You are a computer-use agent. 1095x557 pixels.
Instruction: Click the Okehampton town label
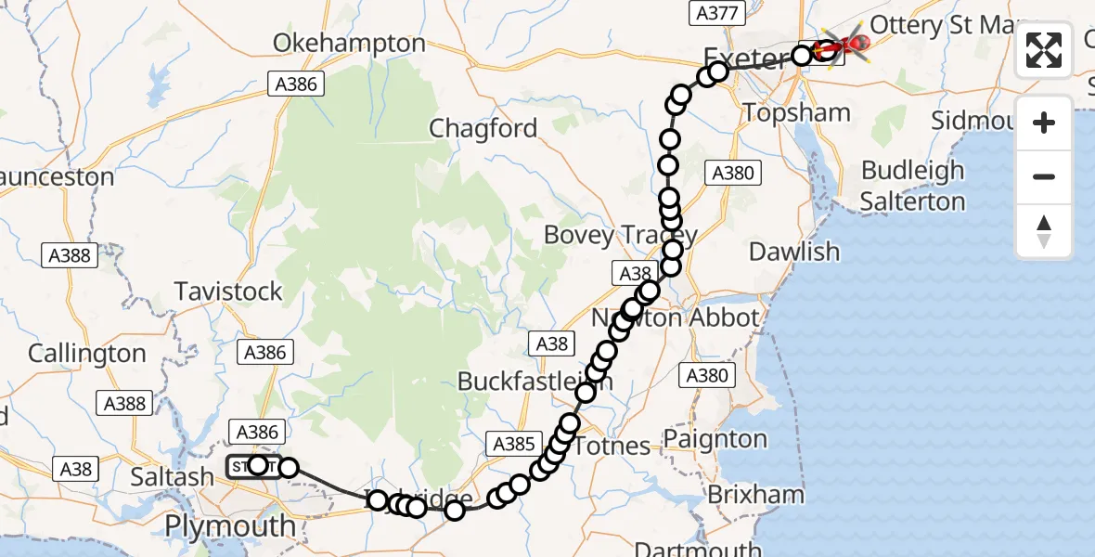click(349, 44)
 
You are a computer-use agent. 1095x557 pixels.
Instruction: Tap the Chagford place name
click(483, 129)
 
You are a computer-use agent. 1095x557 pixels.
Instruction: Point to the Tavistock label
click(228, 291)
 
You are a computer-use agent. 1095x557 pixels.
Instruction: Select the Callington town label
click(87, 354)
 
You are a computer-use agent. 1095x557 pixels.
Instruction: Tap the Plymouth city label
click(230, 526)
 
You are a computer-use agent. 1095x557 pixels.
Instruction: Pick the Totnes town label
click(612, 447)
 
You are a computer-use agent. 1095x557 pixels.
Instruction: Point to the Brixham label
click(755, 495)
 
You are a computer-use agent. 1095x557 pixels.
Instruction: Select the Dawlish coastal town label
click(793, 252)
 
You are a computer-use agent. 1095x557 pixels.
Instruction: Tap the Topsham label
click(797, 113)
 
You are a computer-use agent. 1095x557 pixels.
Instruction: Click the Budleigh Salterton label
click(912, 186)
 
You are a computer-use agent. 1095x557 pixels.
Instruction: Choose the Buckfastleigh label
click(522, 382)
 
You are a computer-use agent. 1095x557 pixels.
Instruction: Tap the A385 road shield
click(514, 444)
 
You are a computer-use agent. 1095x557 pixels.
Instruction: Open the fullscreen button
click(1044, 50)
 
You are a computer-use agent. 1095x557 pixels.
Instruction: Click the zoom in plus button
click(1044, 123)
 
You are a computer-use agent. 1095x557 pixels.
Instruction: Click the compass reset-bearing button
click(1044, 231)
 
